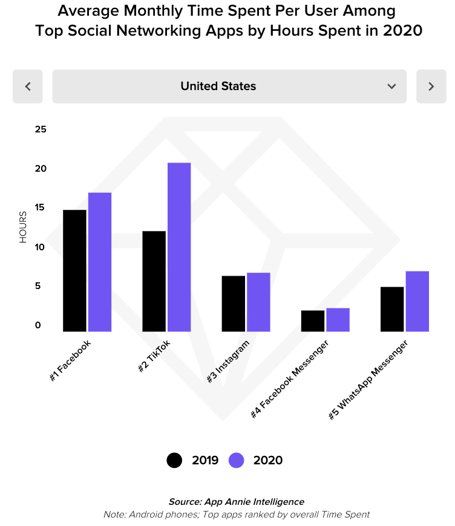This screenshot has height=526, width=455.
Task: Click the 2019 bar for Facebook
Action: click(74, 270)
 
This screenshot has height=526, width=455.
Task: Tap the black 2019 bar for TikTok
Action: click(154, 281)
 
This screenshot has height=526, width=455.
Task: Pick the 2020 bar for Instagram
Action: click(258, 302)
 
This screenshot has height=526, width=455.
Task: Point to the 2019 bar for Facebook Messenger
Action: click(312, 320)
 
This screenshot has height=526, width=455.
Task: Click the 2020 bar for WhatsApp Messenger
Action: click(417, 301)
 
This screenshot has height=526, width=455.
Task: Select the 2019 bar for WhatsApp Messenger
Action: click(392, 309)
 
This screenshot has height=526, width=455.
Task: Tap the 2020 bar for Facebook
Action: click(100, 262)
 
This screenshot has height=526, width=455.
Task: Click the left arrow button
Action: click(28, 86)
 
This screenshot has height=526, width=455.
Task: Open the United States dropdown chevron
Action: click(391, 86)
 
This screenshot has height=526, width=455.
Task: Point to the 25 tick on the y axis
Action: click(41, 129)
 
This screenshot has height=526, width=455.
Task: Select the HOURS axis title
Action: click(23, 227)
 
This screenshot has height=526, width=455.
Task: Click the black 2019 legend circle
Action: click(174, 460)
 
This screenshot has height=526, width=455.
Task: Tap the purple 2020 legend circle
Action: click(237, 460)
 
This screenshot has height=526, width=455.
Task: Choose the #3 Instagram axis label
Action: click(229, 362)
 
